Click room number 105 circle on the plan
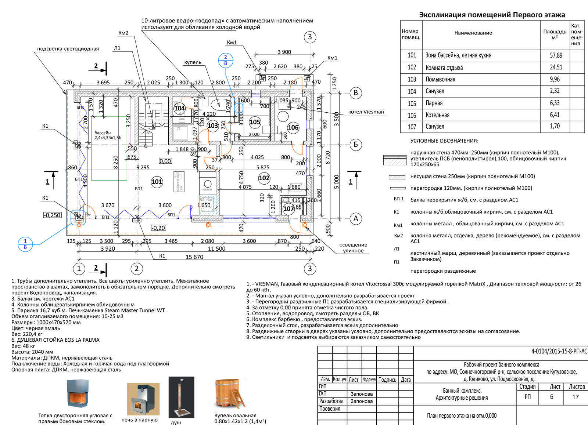pos(255,122)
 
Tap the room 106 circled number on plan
pos(293,128)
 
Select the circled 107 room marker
pos(288,209)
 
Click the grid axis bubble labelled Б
pos(355,145)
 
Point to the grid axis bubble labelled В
pos(355,93)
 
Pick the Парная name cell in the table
pos(434,103)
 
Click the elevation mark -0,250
pos(52,215)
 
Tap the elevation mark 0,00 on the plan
pos(165,161)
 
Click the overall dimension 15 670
pos(194,257)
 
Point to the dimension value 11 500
pos(216,248)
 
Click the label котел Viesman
pos(366,112)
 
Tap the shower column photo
pos(181,397)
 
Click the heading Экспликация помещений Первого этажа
pos(492,15)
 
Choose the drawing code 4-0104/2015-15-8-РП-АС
pos(559,351)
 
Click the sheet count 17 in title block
pos(575,397)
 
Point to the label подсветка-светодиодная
pos(68,49)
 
